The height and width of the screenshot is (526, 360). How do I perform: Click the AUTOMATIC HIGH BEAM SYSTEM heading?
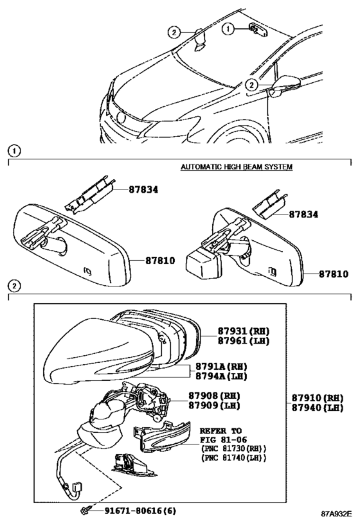[x=237, y=167]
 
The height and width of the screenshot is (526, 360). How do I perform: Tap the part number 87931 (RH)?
[x=244, y=331]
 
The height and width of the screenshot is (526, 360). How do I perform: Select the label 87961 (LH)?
[x=244, y=341]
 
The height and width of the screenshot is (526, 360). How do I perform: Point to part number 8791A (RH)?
[x=221, y=367]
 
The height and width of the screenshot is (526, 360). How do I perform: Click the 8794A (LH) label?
[x=221, y=376]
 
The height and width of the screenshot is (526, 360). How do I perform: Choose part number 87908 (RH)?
[x=214, y=396]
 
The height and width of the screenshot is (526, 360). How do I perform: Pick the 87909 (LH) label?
[x=214, y=405]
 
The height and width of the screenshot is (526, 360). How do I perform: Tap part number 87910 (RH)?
[x=318, y=398]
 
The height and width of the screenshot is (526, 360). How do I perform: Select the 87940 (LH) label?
[x=318, y=408]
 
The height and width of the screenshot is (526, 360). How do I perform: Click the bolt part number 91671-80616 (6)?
[x=140, y=511]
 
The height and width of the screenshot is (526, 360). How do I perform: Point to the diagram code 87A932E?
[x=336, y=514]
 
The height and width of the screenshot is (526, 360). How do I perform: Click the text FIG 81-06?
[x=223, y=439]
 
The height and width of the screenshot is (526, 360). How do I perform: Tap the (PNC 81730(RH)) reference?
[x=233, y=448]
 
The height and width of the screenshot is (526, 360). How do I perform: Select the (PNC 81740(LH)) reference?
[x=233, y=457]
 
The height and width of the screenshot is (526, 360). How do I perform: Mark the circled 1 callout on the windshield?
[x=228, y=29]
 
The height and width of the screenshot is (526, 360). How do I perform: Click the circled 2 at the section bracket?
[x=14, y=286]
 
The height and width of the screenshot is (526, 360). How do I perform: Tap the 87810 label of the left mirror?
[x=160, y=261]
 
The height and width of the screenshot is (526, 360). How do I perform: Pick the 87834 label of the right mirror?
[x=303, y=214]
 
